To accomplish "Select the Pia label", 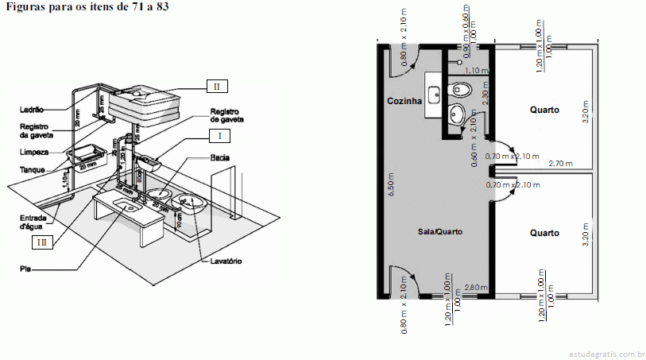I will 25,269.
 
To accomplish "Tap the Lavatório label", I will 226,261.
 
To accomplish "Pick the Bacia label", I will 220,158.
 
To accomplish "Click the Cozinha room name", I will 404,102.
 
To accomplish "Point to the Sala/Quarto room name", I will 439,231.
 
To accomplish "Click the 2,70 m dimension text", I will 561,163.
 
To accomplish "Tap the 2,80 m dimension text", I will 476,287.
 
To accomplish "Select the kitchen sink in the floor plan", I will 433,95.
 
